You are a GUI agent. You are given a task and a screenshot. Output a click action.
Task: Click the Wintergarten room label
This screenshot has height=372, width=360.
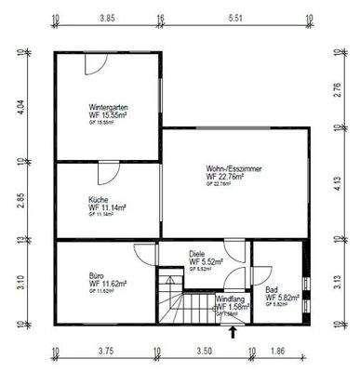pos(108,107)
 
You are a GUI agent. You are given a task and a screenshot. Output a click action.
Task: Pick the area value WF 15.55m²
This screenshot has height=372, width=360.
pos(109,115)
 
